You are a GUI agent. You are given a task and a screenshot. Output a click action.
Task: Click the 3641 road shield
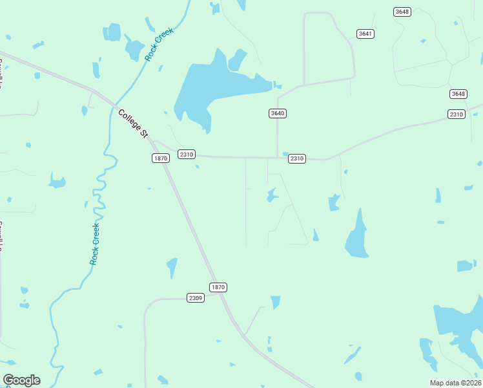pos(365,34)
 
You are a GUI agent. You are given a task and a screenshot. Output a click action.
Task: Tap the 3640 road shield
pos(277,113)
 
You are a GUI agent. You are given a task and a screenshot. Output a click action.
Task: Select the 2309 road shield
pos(196,297)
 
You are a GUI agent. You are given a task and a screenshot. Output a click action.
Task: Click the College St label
pos(133,123)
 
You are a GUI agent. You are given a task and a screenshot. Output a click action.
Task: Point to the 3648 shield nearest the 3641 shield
pos(402,12)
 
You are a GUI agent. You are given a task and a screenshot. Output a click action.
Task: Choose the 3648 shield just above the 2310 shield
pos(458,94)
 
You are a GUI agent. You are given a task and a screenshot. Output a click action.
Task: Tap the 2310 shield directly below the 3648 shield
pos(456,114)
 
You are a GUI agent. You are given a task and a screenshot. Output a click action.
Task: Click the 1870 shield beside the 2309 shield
pos(218,286)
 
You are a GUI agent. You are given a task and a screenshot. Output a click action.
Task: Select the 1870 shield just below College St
pos(160,158)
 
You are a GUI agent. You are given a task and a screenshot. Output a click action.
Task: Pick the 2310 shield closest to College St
pos(187,154)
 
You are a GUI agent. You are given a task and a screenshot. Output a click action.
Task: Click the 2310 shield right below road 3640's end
pos(296,158)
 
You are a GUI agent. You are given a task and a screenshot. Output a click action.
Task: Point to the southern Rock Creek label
pos(95,244)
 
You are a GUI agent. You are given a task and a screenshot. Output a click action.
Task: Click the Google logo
pos(21,380)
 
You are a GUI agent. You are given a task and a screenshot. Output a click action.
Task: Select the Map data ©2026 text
pos(455,383)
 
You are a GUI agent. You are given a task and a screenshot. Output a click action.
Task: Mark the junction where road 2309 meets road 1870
pos(221,296)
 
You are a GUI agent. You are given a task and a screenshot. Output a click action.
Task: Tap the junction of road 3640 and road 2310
pos(277,157)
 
